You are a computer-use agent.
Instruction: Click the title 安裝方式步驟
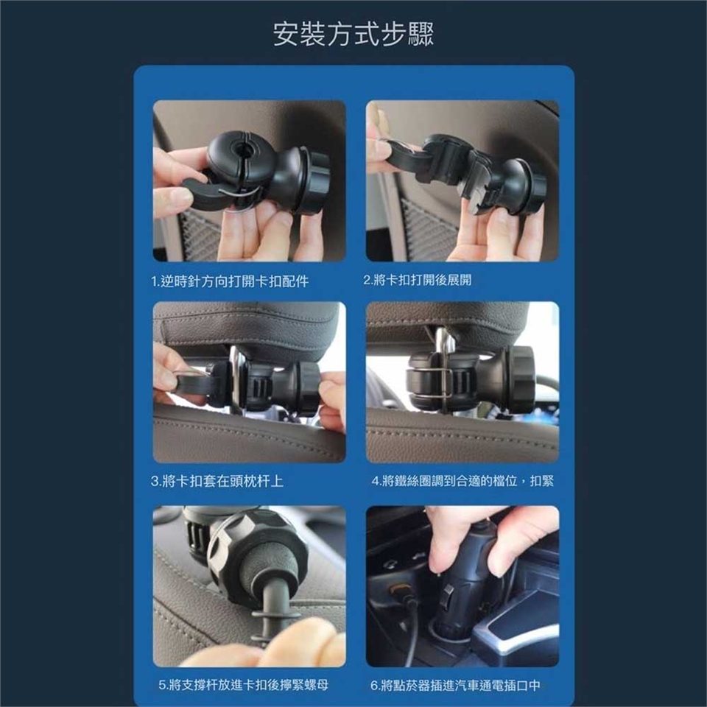pos(353,34)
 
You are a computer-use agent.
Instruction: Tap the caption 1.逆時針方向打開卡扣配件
pos(230,281)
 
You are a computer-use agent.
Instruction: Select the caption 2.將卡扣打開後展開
pos(418,280)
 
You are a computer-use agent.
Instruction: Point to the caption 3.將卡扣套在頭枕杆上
pos(217,481)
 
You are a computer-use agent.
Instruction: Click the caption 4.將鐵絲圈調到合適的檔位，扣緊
pos(462,481)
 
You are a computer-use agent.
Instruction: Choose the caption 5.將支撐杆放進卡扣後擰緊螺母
pos(244,685)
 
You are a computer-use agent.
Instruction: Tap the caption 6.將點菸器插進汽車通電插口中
pos(455,686)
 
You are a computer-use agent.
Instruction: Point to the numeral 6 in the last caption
pos(374,686)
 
